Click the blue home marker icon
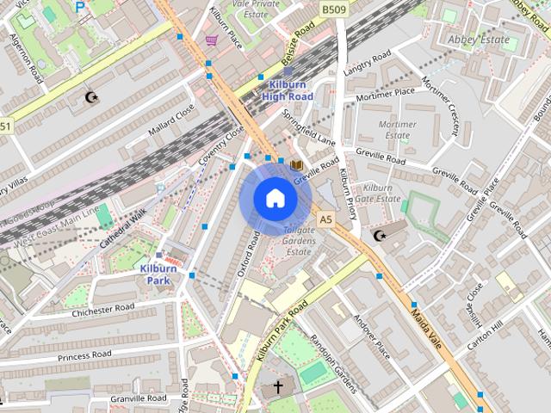point(275,198)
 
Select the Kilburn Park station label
point(158,274)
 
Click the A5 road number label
point(325,220)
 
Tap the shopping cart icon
point(211,40)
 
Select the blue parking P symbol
point(80,6)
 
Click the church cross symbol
point(278,388)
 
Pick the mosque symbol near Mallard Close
point(93,97)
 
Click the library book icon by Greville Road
point(296,163)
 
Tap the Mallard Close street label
point(171,118)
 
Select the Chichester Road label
point(103,309)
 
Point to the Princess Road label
point(85,354)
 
